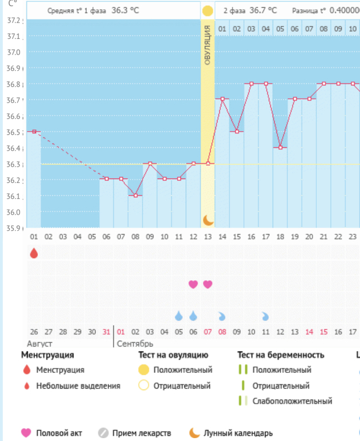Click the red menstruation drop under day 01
coord(34,253)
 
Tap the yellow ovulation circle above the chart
coord(208,10)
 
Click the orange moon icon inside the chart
coord(208,220)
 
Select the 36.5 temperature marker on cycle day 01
coord(34,131)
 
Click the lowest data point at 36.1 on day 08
coord(135,195)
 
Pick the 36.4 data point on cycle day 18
coord(280,147)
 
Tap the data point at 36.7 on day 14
coord(222,99)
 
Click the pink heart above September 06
coord(193,284)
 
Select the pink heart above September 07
coord(208,284)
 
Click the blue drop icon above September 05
coord(179,316)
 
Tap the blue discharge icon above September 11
coord(265,316)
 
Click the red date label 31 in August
coord(106,332)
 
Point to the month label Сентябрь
coord(135,344)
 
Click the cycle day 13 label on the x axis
coord(208,237)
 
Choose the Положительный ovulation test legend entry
coord(182,370)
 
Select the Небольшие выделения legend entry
coord(78,386)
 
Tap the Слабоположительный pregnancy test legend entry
coord(292,401)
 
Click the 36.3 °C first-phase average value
coord(125,10)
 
